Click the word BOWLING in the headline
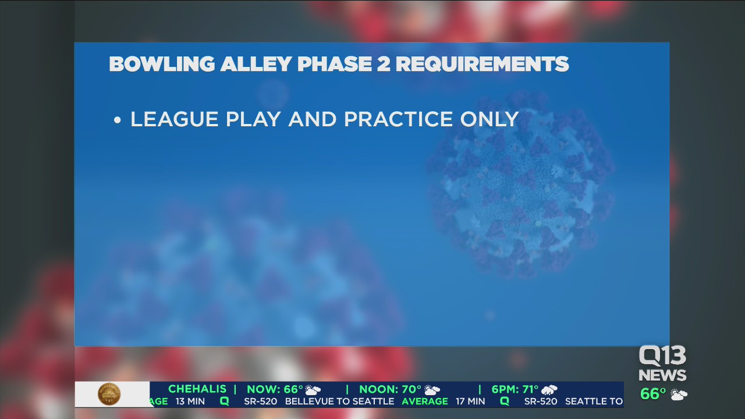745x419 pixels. pos(162,64)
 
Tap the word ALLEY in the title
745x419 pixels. pos(256,64)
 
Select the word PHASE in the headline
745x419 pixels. pos(334,64)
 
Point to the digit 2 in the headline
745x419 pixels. pos(384,64)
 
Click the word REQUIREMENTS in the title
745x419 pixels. pos(483,64)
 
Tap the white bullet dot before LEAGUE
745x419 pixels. pos(117,120)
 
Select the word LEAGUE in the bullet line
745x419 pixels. pos(174,119)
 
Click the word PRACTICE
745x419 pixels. pos(399,119)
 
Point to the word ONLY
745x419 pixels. pos(489,119)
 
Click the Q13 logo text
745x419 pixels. pos(662,356)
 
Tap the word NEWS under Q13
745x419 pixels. pos(662,375)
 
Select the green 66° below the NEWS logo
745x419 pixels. pos(653,394)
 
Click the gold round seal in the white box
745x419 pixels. pos(109,395)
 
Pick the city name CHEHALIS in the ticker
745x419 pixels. pos(197,389)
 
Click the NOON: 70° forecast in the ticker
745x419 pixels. pos(390,389)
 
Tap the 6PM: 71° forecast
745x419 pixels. pos(515,389)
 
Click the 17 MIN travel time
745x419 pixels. pos(470,402)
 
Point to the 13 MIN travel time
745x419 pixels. pos(190,402)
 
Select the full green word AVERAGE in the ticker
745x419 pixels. pos(425,402)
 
